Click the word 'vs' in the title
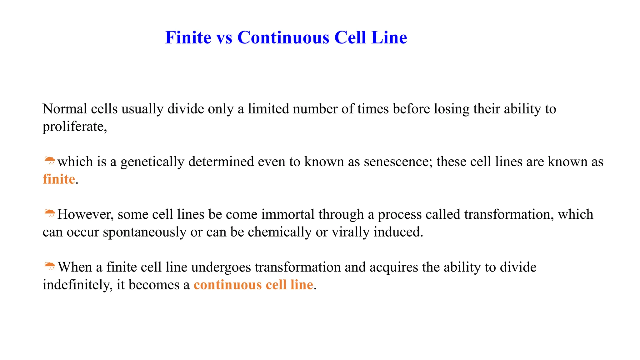tap(224, 38)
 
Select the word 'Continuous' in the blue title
tap(283, 38)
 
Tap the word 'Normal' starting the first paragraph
tap(65, 109)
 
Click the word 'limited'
tap(268, 109)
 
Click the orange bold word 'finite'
tap(59, 179)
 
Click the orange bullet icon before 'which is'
tap(49, 161)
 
